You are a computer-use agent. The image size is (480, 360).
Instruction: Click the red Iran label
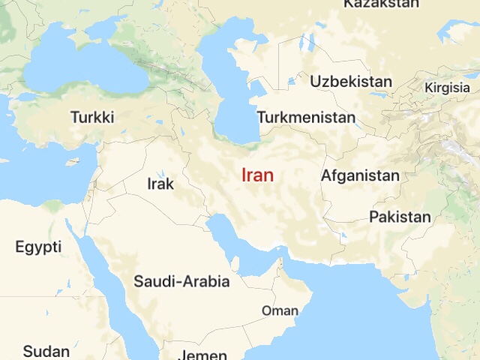(257, 175)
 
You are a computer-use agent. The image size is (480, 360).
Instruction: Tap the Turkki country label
(92, 118)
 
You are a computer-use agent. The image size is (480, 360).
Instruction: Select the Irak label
(160, 184)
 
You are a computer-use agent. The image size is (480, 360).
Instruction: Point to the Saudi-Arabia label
(181, 282)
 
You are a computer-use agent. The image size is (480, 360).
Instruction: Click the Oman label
(280, 310)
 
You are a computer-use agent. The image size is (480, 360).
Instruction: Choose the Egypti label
(38, 247)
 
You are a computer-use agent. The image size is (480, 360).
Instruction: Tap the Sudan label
(46, 351)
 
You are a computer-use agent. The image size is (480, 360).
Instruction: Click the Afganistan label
(360, 176)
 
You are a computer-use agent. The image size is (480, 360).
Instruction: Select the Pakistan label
(400, 217)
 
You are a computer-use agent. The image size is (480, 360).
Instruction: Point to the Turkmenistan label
(306, 118)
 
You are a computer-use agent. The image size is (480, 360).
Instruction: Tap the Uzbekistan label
(351, 81)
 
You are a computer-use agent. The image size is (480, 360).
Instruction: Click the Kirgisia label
(447, 88)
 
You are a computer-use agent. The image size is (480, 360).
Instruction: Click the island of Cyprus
(73, 160)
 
